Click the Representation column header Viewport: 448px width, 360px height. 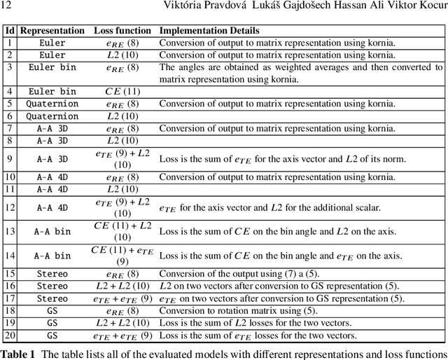pyautogui.click(x=52, y=31)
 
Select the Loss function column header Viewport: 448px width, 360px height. pyautogui.click(x=122, y=31)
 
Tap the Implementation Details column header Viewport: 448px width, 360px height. pyautogui.click(x=209, y=31)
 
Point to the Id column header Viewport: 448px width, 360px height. pyautogui.click(x=10, y=31)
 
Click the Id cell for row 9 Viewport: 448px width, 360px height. pyautogui.click(x=10, y=159)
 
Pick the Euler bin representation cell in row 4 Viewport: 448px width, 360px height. pyautogui.click(x=52, y=91)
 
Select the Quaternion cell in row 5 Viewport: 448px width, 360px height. pyautogui.click(x=52, y=104)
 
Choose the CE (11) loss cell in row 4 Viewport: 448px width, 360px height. pyautogui.click(x=122, y=91)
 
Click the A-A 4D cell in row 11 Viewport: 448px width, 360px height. pyautogui.click(x=52, y=189)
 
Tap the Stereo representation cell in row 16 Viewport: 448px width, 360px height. pyautogui.click(x=52, y=286)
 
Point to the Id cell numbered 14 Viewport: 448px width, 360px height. pyautogui.click(x=10, y=255)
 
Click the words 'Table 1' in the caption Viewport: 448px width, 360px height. pyautogui.click(x=17, y=353)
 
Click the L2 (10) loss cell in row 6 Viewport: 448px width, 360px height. pyautogui.click(x=122, y=116)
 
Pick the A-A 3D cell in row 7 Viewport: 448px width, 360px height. pyautogui.click(x=52, y=128)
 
